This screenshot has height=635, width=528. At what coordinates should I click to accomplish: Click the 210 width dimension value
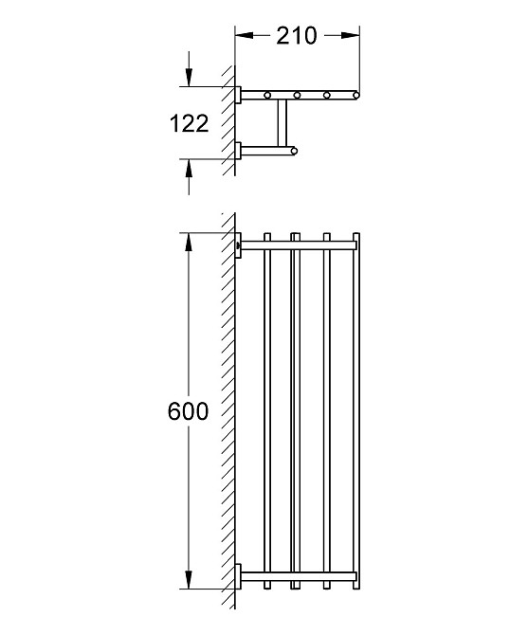tap(296, 36)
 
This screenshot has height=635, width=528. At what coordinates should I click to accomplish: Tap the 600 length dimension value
tap(188, 413)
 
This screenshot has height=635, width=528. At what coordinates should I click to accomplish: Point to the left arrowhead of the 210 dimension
tap(243, 36)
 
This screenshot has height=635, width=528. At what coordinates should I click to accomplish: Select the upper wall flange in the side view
tap(241, 94)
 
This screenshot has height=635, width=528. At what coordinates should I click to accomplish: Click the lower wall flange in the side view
tap(241, 150)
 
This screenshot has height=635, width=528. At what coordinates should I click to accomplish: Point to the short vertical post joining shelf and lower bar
tap(280, 123)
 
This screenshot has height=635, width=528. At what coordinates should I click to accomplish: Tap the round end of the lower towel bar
tap(294, 150)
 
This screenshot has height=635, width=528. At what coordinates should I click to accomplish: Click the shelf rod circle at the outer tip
tap(355, 95)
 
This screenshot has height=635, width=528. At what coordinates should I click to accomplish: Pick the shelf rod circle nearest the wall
tap(268, 95)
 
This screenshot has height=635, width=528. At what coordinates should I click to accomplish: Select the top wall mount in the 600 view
tap(241, 245)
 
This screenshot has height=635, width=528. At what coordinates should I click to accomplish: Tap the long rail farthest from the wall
tap(355, 408)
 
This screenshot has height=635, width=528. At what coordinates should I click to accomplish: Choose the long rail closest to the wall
tap(268, 408)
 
